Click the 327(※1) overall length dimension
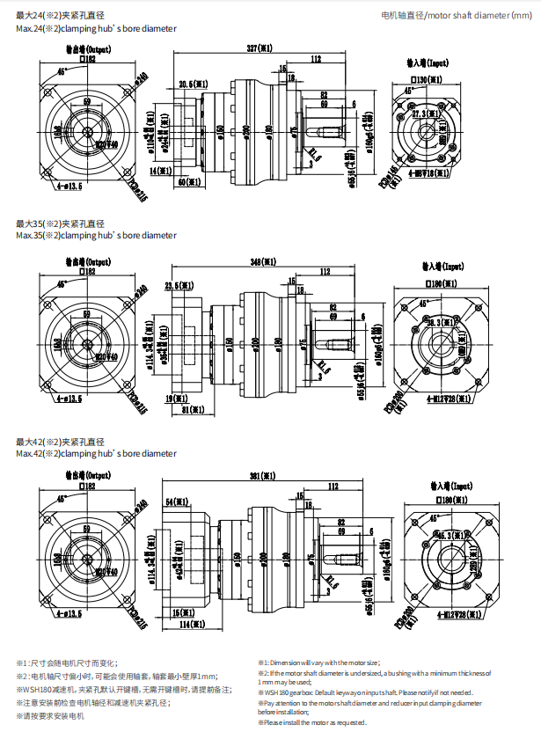click(259, 47)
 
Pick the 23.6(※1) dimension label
click(179, 285)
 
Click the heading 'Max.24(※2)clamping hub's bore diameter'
click(95, 28)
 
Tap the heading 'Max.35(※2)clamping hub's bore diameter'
click(95, 235)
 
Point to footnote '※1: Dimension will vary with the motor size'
click(318, 662)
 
